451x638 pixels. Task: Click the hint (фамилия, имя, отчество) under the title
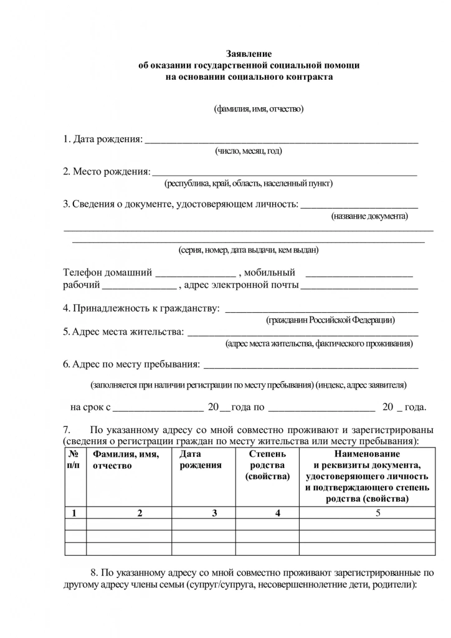coord(259,109)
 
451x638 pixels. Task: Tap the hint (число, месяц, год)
coord(249,151)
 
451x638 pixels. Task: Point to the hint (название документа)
coord(369,216)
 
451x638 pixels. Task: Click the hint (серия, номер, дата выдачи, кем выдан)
coord(249,250)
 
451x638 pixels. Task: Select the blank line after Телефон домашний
coord(195,274)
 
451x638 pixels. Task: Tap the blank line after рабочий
coord(139,288)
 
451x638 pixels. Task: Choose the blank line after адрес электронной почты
coord(359,288)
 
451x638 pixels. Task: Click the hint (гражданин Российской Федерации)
coord(331,320)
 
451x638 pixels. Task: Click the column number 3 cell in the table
coord(214,513)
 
